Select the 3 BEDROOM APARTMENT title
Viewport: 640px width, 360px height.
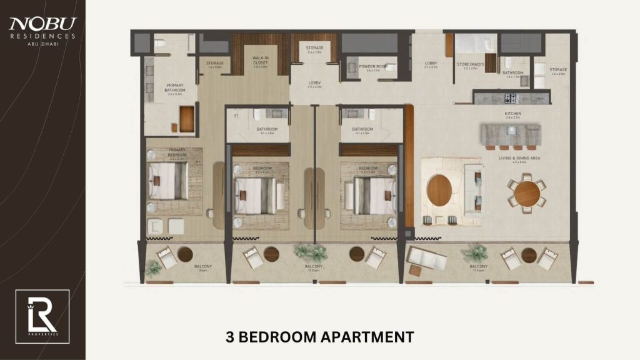click(319, 337)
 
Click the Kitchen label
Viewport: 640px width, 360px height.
click(512, 114)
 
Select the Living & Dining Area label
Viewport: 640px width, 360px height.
click(519, 158)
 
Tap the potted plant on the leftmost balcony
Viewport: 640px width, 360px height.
click(153, 267)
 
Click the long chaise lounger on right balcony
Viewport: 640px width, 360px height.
click(426, 256)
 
